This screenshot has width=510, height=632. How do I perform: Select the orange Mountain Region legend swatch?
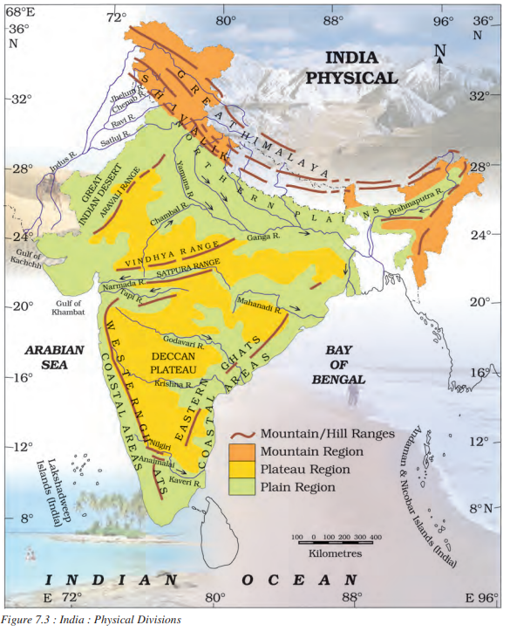[244, 450]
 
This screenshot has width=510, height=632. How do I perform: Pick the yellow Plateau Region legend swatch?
[244, 469]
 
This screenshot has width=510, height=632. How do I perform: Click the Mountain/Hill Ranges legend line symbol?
[244, 433]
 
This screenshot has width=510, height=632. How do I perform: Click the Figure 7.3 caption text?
[92, 620]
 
